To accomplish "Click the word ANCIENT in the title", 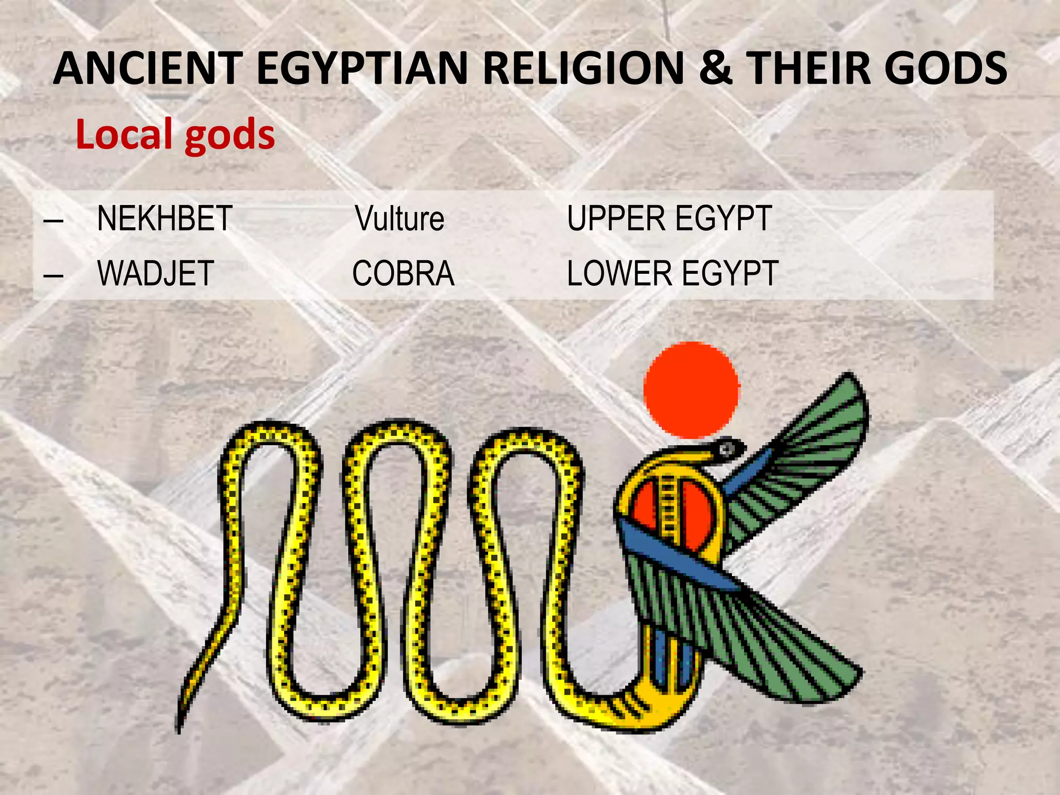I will point(148,68).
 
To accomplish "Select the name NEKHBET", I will point(165,218).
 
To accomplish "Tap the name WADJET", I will point(155,273).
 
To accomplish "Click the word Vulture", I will point(400,218).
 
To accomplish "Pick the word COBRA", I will point(403,273).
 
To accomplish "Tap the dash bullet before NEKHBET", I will point(53,219).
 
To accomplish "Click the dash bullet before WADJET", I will point(53,274).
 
